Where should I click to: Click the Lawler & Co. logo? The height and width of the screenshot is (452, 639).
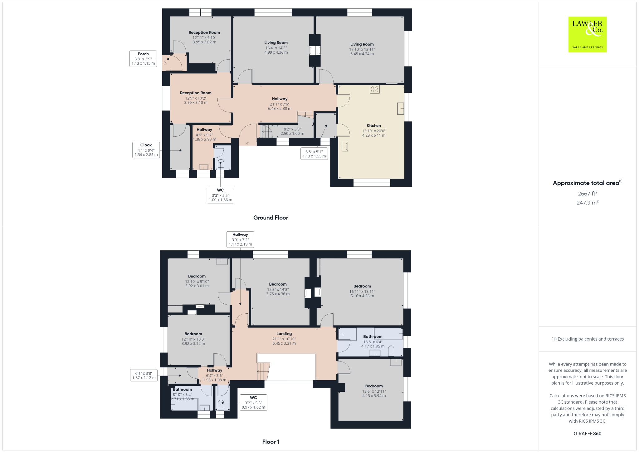click(587, 34)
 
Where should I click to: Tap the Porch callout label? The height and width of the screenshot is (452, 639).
click(143, 59)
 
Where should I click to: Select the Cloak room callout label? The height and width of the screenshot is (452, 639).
click(146, 150)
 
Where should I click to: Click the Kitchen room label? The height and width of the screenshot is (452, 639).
click(373, 130)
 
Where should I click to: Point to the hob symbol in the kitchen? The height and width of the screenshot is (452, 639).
click(375, 89)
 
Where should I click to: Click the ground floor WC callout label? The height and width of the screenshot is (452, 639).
click(220, 195)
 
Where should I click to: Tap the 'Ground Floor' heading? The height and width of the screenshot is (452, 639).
click(271, 218)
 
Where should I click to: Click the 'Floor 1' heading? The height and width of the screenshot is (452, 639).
click(271, 442)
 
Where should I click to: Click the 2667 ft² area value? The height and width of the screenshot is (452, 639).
click(587, 194)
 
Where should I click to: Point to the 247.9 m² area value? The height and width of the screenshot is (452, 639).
click(587, 203)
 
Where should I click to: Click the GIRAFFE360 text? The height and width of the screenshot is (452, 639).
click(587, 434)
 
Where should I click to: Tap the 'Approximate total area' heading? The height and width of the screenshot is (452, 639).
click(587, 183)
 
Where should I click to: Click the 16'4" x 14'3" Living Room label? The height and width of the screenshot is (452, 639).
click(276, 47)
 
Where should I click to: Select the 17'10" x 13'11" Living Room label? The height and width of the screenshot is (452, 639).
click(362, 49)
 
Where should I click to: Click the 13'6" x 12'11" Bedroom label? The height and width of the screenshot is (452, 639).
click(374, 391)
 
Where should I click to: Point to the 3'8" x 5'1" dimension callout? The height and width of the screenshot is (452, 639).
click(314, 154)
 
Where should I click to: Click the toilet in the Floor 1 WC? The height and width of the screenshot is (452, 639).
click(221, 404)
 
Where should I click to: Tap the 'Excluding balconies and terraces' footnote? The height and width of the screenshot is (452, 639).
click(587, 339)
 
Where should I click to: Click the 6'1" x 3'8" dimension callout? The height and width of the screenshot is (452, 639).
click(144, 376)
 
